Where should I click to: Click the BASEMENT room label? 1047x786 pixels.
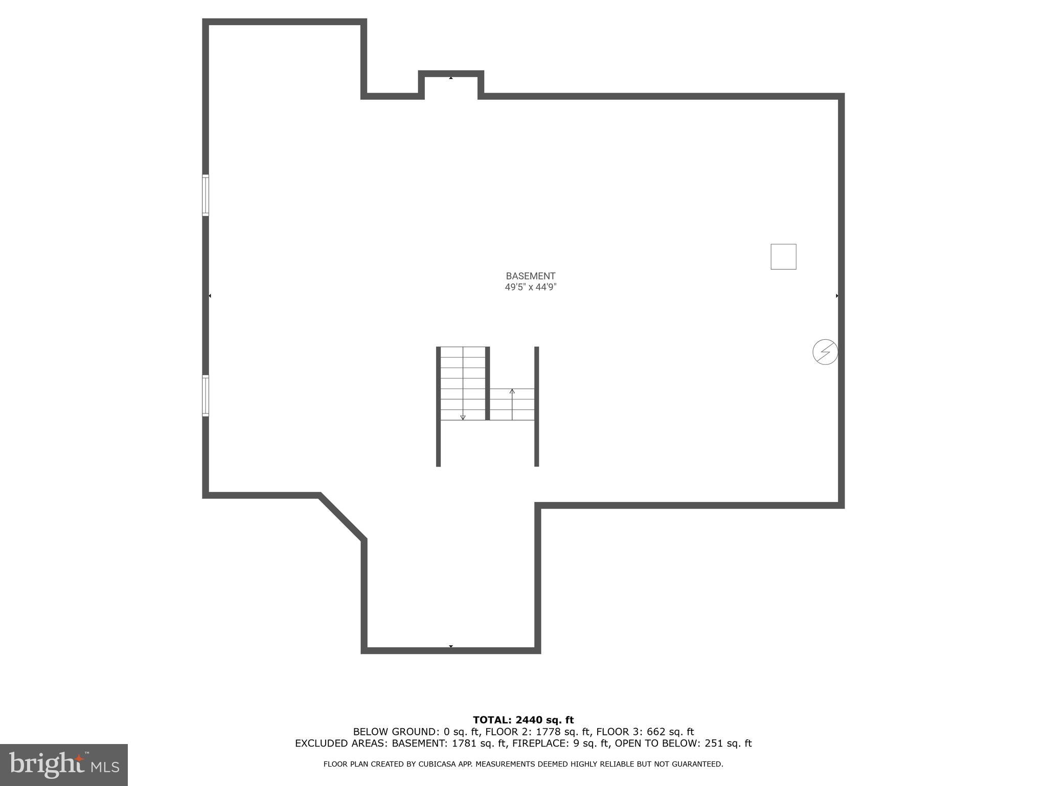pos(530,276)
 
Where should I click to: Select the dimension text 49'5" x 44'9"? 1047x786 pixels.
pos(530,287)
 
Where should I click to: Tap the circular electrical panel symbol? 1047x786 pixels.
pos(825,352)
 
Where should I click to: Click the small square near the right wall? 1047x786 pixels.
pos(783,256)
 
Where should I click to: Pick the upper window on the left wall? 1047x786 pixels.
pos(206,195)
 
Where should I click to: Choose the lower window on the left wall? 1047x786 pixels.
pos(206,395)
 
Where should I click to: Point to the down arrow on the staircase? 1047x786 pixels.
pos(463,417)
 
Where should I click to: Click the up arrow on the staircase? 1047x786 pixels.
pos(512,392)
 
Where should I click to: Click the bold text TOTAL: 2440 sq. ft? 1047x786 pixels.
pos(523,720)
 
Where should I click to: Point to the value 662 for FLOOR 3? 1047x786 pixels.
pos(656,732)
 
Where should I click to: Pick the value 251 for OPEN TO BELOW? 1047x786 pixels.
pos(714,744)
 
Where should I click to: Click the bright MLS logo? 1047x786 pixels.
pos(64,765)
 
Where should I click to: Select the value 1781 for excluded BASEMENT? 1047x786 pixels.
pos(464,744)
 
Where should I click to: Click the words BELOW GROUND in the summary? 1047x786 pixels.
pos(393,732)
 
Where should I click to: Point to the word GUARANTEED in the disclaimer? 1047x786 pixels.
pos(699,765)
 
